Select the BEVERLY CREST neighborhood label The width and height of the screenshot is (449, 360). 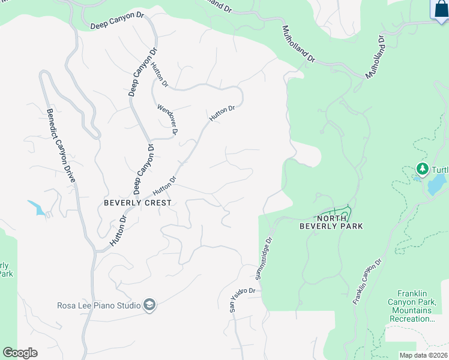[x=137, y=203]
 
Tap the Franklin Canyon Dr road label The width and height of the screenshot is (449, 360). [x=367, y=282]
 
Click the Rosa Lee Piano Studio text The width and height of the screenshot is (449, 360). [x=99, y=306]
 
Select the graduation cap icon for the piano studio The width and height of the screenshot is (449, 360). [x=149, y=306]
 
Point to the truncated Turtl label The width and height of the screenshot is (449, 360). [x=439, y=170]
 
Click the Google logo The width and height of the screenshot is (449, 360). [x=20, y=353]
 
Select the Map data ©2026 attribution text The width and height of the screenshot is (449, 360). [x=423, y=355]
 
